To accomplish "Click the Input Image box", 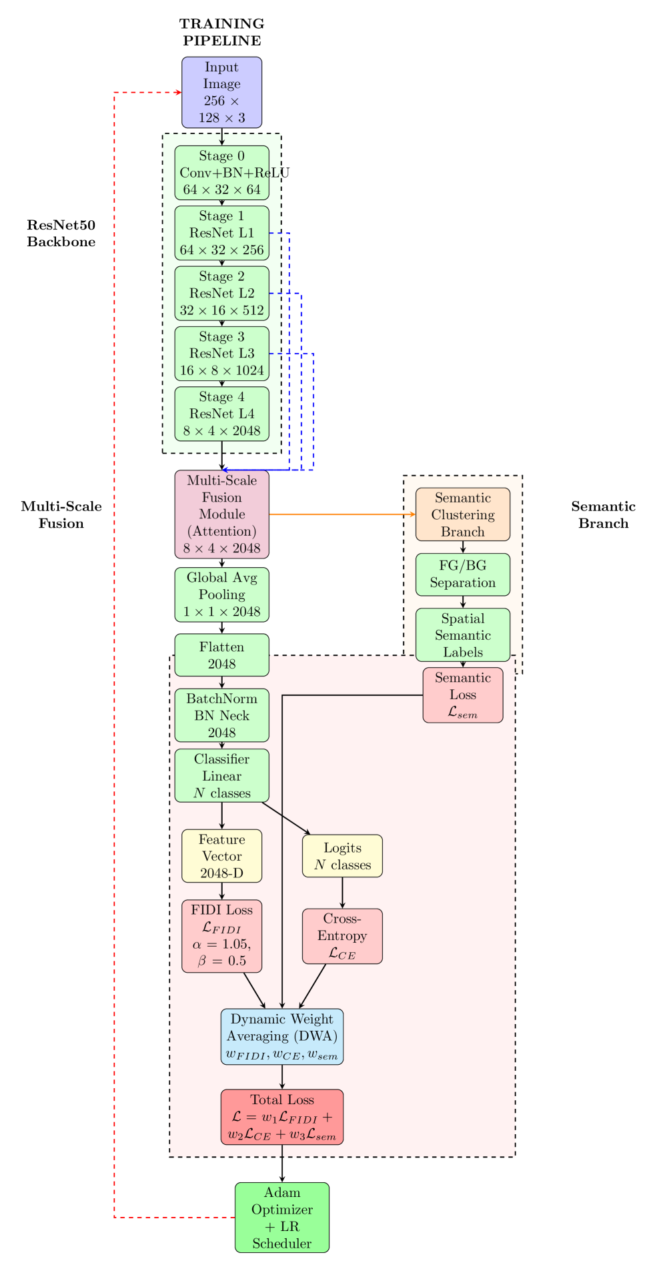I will click(221, 92).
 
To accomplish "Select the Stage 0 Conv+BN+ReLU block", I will click(221, 173).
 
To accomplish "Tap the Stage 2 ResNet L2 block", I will click(221, 293).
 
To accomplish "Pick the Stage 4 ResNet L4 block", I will click(221, 414).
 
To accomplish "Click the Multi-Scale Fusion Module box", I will click(221, 514).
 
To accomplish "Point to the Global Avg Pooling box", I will click(221, 594).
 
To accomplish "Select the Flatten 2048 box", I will click(221, 655).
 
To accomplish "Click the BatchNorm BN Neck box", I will click(221, 715).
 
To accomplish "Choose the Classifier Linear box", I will click(221, 775).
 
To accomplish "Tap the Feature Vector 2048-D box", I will click(221, 856).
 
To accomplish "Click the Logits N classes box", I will click(342, 856).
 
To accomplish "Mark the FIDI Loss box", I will click(221, 936).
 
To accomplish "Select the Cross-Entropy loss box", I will click(342, 936).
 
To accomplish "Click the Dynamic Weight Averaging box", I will click(282, 1036).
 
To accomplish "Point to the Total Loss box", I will click(282, 1117).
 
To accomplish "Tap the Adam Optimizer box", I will click(282, 1218).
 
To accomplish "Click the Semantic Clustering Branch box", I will click(463, 514).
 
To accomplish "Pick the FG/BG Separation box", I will click(463, 574).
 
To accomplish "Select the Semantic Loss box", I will click(463, 695).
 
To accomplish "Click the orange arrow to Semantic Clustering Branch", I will click(340, 514).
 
